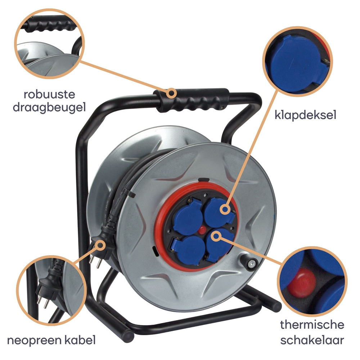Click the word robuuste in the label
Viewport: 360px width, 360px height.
click(x=49, y=94)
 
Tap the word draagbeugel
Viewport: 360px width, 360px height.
click(x=49, y=107)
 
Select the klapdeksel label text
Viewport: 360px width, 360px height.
click(x=305, y=114)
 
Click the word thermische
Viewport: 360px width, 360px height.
click(x=312, y=325)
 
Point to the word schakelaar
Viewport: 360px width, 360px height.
click(x=312, y=340)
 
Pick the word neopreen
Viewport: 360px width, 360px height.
click(x=35, y=341)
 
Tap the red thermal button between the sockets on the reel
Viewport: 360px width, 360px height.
click(x=202, y=230)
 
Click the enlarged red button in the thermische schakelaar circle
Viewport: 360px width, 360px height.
click(x=302, y=283)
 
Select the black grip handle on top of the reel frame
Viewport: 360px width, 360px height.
click(x=191, y=100)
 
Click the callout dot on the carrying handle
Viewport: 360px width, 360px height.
click(x=171, y=93)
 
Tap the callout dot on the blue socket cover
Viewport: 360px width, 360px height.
click(x=225, y=210)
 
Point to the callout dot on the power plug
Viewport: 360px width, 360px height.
click(x=100, y=245)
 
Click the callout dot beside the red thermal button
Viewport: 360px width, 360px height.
click(x=216, y=236)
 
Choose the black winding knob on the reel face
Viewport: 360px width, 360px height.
click(x=249, y=262)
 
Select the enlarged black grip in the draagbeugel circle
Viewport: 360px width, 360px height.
click(x=49, y=24)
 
